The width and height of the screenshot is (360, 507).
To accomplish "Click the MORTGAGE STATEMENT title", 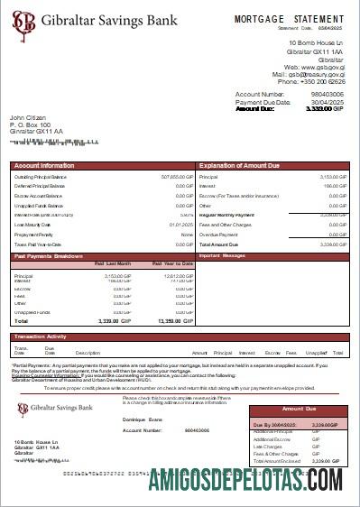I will click(289, 18).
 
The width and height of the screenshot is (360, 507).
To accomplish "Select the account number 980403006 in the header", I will click(327, 94).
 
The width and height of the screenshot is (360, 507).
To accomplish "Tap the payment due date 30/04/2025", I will click(328, 102).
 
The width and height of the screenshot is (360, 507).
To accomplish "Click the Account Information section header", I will click(44, 166).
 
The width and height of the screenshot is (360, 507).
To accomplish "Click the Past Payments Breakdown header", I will click(51, 256).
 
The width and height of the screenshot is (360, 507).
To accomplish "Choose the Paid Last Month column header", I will click(113, 263).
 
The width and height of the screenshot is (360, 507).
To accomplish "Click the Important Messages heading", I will click(222, 256).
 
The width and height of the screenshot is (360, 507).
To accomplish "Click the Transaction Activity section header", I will click(45, 336).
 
